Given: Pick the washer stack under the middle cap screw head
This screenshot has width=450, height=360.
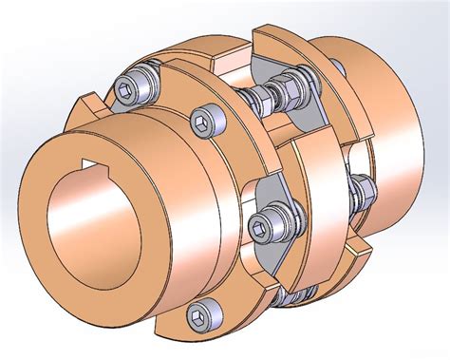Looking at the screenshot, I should [275, 228].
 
